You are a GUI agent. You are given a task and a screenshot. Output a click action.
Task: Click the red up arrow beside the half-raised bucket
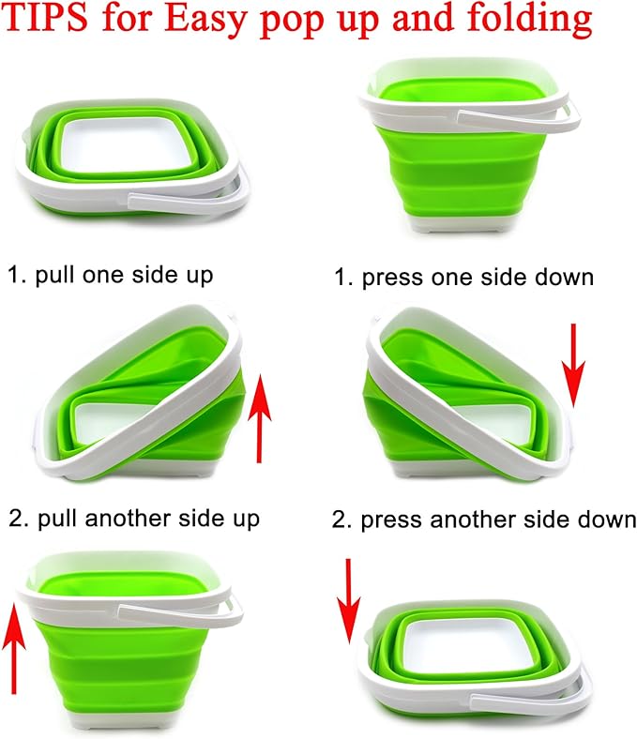coord(261,414)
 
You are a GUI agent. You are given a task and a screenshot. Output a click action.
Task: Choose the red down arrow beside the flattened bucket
coord(350,600)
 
